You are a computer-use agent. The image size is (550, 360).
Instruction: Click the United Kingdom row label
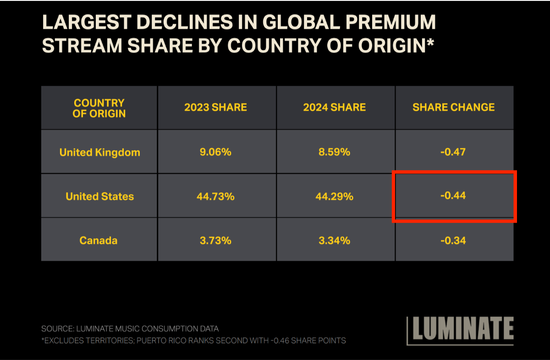tap(99, 153)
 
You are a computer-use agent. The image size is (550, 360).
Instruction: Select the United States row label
tap(99, 196)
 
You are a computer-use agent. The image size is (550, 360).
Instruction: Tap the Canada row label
tap(98, 240)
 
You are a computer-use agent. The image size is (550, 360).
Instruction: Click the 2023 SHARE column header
tap(215, 108)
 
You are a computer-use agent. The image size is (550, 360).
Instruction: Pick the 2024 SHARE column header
tap(334, 108)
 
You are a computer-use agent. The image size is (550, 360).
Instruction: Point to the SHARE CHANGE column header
tap(453, 108)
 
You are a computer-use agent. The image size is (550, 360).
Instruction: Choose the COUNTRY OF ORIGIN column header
tap(99, 108)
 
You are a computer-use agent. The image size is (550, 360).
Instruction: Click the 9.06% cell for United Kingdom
tap(215, 152)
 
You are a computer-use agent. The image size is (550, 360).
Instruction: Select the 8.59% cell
tap(334, 152)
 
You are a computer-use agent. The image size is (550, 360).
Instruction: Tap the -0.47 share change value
tap(453, 152)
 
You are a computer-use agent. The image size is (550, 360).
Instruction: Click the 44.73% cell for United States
tap(215, 196)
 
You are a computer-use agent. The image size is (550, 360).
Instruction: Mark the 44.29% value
tap(334, 196)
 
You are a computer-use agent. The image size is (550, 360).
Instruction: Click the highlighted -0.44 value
tap(453, 196)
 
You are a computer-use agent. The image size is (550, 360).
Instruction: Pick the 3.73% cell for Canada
tap(215, 240)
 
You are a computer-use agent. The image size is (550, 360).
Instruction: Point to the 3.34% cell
tap(334, 240)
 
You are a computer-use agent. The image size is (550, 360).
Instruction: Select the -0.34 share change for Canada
tap(453, 240)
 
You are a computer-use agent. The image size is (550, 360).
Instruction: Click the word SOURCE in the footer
tap(58, 328)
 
